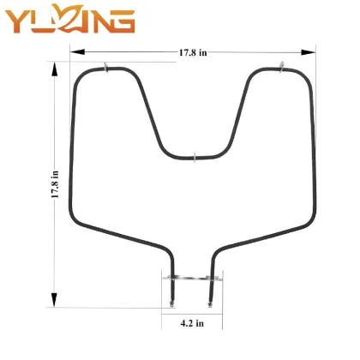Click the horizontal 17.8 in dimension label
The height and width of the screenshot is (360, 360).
pos(193,53)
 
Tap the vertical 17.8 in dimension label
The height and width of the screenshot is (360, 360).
pos(55,183)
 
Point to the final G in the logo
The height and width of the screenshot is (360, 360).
pos(121,19)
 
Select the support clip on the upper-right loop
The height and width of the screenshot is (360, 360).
pos(281,65)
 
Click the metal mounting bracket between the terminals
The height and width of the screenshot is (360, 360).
pos(190,278)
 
